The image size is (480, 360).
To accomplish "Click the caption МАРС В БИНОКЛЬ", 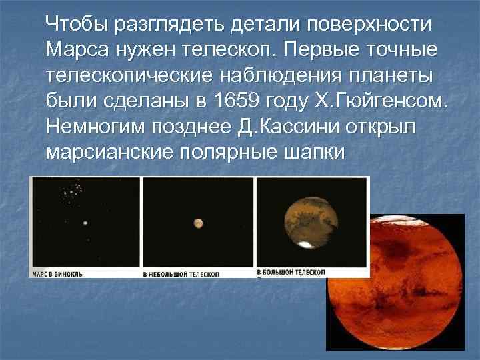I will click(63, 273).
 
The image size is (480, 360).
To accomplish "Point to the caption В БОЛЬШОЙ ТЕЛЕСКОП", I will click(291, 272).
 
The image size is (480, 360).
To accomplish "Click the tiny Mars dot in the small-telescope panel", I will click(198, 223).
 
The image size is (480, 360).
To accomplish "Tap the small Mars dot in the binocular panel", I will click(84, 225).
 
